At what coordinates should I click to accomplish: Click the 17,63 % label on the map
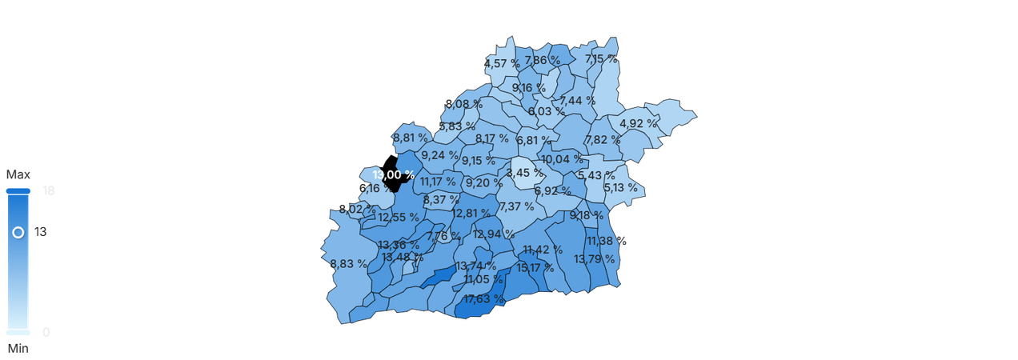tap(483, 299)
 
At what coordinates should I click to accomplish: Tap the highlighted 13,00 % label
tap(393, 174)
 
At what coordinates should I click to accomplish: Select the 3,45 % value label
tap(524, 173)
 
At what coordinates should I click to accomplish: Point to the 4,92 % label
tap(638, 123)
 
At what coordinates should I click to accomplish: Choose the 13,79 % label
tap(595, 258)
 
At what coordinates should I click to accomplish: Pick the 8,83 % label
tap(348, 263)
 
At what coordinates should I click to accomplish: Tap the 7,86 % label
tap(543, 60)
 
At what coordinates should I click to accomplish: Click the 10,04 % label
tap(561, 159)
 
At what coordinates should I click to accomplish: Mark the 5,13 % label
tap(620, 188)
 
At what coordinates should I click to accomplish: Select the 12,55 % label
tap(398, 217)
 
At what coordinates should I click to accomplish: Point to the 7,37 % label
tap(516, 206)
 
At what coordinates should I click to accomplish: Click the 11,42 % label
tap(542, 250)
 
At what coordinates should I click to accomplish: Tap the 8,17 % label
tap(491, 138)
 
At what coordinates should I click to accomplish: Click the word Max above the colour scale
tap(18, 174)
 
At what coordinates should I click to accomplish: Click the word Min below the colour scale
tap(18, 349)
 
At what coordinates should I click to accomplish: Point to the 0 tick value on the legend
tap(46, 332)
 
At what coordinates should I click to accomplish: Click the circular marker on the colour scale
tap(18, 232)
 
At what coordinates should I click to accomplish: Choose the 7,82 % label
tap(603, 139)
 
